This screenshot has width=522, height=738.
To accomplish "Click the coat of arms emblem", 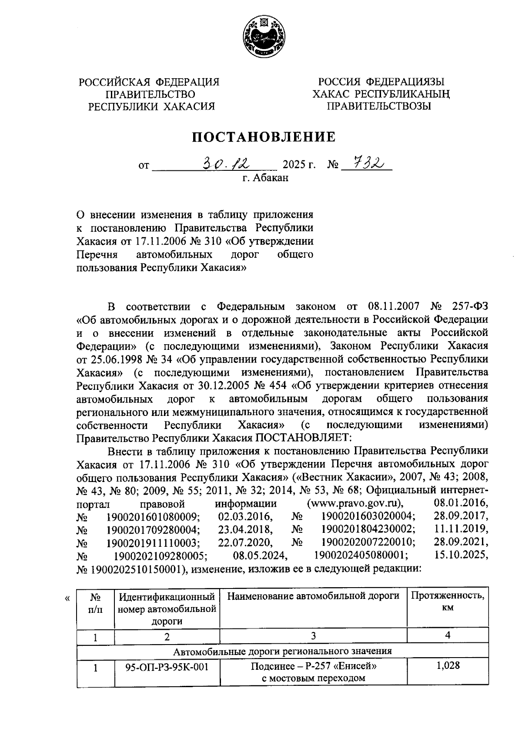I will pyautogui.click(x=264, y=37).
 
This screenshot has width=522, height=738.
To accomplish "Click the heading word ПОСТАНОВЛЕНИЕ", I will pyautogui.click(x=264, y=137).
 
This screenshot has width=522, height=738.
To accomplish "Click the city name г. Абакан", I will pyautogui.click(x=265, y=178).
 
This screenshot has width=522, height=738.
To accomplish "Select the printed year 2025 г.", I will pyautogui.click(x=298, y=166).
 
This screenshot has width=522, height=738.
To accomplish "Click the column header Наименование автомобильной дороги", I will pyautogui.click(x=313, y=595).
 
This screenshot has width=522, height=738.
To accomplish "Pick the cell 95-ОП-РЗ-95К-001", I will pyautogui.click(x=167, y=666).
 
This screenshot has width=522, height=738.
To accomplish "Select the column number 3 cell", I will pyautogui.click(x=313, y=636).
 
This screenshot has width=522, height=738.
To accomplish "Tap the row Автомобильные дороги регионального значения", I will pyautogui.click(x=282, y=651).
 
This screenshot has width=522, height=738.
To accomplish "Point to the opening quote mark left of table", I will pyautogui.click(x=67, y=598).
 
